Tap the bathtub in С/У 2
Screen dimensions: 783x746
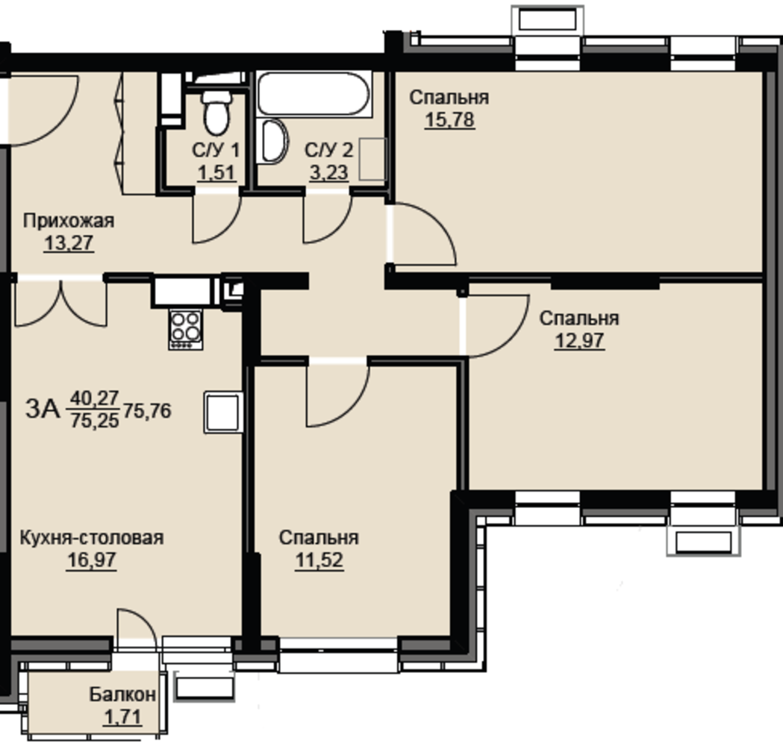point(313,94)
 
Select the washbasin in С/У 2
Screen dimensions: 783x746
point(273,141)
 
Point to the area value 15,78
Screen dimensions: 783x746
point(449,120)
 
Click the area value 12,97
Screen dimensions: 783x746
point(579,341)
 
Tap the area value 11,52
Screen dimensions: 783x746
point(319,560)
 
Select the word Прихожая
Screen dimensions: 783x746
point(69,221)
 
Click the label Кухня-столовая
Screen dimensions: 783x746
point(92,537)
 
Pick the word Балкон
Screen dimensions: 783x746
point(122,694)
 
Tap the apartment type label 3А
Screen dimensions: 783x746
point(43,409)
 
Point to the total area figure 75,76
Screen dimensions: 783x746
point(147,411)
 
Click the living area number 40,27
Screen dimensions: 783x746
point(94,398)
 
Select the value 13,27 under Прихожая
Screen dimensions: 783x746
point(69,243)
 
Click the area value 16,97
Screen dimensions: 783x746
point(92,560)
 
